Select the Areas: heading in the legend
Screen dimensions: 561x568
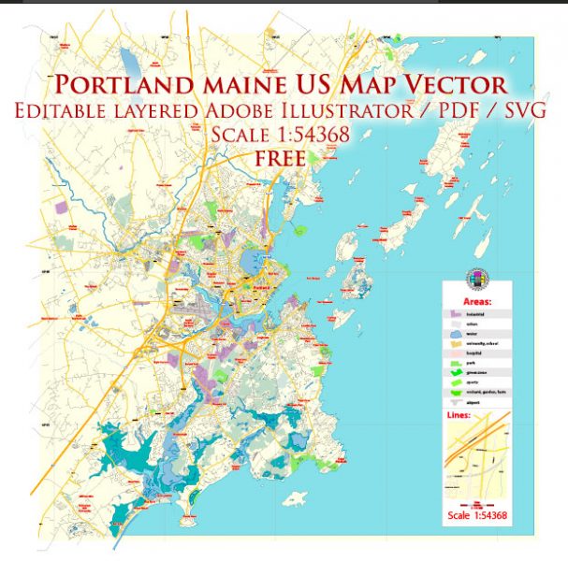click(476, 302)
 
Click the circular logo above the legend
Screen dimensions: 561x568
click(476, 280)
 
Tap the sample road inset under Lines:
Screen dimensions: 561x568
click(476, 463)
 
